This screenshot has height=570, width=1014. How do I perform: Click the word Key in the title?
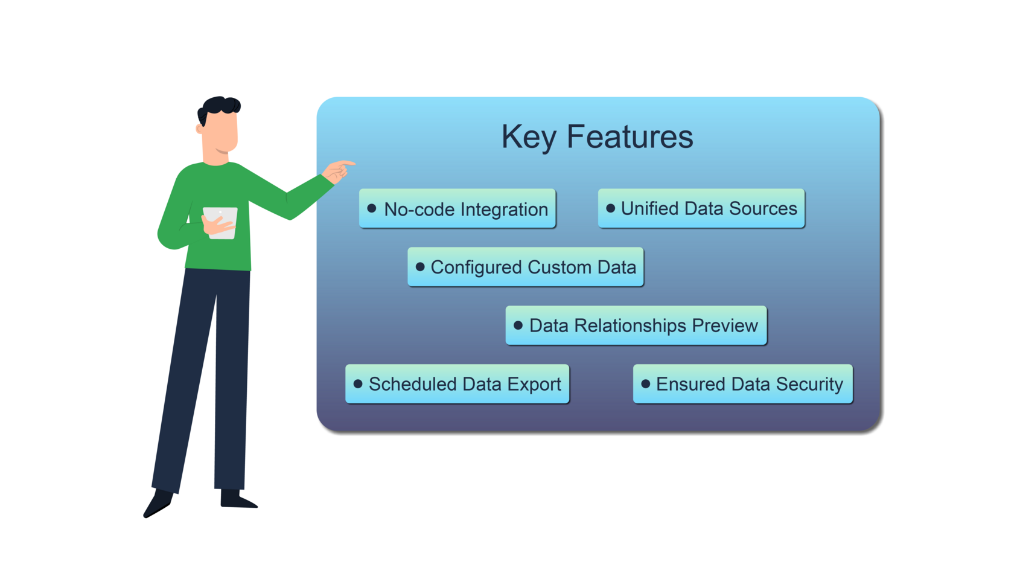pyautogui.click(x=528, y=137)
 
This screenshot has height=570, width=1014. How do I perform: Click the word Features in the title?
pyautogui.click(x=630, y=137)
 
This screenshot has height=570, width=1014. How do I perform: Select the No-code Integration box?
pyautogui.click(x=457, y=209)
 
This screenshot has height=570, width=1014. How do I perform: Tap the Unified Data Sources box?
pyautogui.click(x=701, y=208)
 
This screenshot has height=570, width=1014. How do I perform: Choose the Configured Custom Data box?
pyautogui.click(x=525, y=267)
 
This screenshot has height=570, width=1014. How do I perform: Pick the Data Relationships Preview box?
pyautogui.click(x=636, y=325)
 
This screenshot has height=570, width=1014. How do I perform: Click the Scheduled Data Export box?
pyautogui.click(x=457, y=384)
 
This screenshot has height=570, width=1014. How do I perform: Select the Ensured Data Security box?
pyautogui.click(x=742, y=384)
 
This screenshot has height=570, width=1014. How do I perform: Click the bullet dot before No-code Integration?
pyautogui.click(x=372, y=208)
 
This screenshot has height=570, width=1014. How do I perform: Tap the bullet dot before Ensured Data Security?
pyautogui.click(x=645, y=383)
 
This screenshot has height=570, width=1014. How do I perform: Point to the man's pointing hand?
pyautogui.click(x=338, y=170)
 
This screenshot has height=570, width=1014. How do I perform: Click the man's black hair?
pyautogui.click(x=220, y=106)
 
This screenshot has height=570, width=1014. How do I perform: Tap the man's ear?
pyautogui.click(x=199, y=129)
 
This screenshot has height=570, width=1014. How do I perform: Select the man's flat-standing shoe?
pyautogui.click(x=237, y=499)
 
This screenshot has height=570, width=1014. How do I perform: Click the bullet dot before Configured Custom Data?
pyautogui.click(x=420, y=267)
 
